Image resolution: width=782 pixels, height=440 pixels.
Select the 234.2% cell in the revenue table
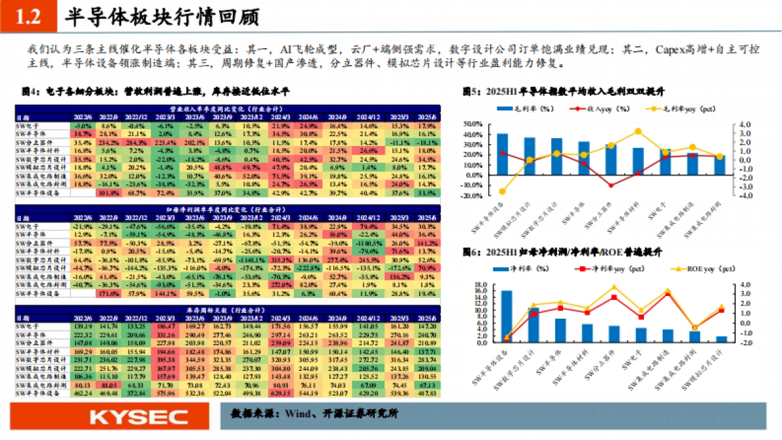(108, 142)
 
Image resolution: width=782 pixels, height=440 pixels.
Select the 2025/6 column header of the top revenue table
(426, 117)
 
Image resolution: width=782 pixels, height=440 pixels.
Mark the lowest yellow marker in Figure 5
(502, 191)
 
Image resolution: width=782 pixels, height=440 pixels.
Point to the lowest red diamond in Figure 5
(611, 185)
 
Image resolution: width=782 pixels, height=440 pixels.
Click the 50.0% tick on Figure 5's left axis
(473, 124)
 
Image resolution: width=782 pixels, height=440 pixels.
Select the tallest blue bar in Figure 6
(506, 316)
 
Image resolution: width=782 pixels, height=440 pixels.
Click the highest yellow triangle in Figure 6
(614, 287)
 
